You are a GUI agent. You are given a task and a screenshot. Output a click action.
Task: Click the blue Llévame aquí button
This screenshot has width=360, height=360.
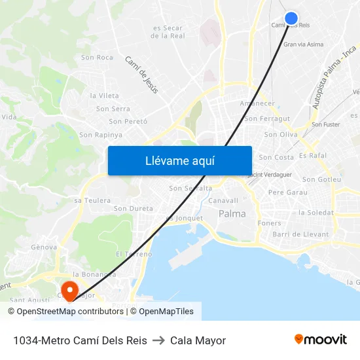coord(179,160)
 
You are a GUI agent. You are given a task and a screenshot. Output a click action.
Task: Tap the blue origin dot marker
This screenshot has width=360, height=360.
coord(291,18)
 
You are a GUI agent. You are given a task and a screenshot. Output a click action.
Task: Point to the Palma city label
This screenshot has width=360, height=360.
coord(232,214)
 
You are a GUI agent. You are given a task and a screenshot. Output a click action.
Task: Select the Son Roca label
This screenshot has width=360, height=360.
coord(97,58)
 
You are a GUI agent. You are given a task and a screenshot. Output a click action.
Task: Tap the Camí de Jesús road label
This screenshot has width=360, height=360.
coord(141,75)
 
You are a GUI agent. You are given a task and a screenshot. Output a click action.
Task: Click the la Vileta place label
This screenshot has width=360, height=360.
coord(105,96)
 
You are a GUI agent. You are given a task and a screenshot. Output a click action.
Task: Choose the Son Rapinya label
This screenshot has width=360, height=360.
coord(101,135)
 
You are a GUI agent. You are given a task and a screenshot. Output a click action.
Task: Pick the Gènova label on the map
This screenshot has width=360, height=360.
coord(44,247)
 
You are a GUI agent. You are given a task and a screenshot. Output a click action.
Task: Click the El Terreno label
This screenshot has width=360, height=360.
coord(134,254)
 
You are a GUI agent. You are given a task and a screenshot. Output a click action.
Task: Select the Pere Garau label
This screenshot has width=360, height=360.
coord(287,192)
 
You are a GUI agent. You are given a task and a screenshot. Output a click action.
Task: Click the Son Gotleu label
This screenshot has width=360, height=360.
coord(321,179)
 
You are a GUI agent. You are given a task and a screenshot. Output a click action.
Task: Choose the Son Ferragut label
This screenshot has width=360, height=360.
coord(267,119)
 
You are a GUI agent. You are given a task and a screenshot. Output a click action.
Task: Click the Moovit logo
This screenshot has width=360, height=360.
coord(321,340)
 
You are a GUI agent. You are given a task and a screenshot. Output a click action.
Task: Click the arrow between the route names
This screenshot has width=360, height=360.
coord(158,340)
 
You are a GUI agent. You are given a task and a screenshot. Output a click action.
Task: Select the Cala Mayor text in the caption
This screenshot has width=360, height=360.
coord(198,340)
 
